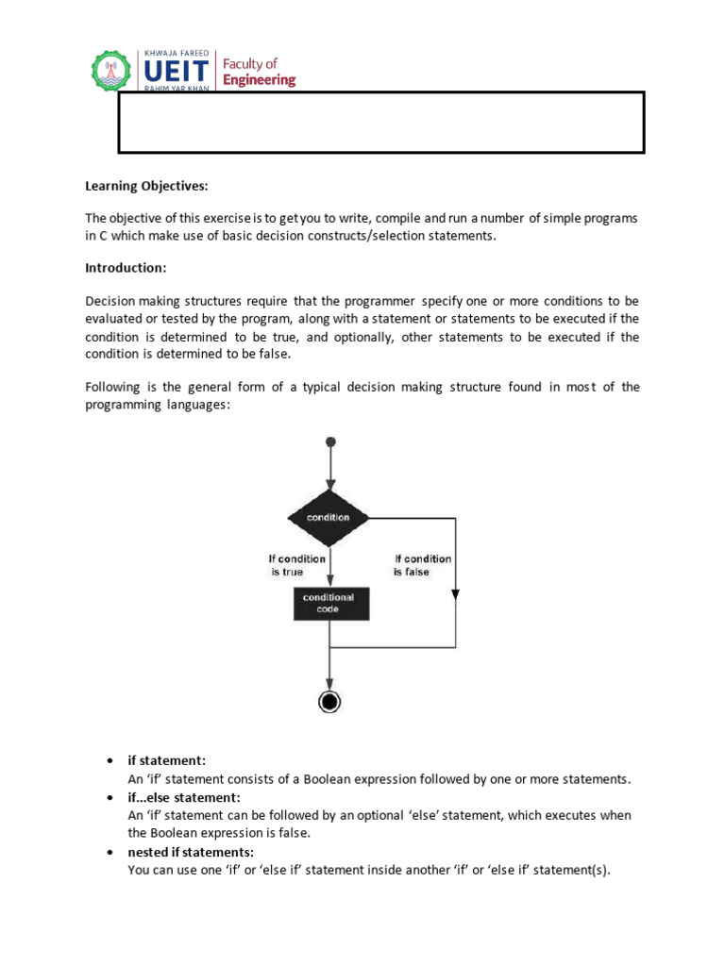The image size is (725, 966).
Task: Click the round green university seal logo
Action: pos(113,68)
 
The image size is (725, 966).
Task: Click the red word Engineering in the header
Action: pos(259,80)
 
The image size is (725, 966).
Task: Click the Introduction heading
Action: pos(126,268)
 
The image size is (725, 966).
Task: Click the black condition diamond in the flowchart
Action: pos(329,517)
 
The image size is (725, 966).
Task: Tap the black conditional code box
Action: pos(329,604)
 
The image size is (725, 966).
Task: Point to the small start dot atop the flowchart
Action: pos(329,441)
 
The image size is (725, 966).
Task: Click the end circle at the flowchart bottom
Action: pos(329,701)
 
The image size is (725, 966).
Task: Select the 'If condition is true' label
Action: pos(297,565)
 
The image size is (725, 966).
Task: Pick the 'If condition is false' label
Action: pos(423,565)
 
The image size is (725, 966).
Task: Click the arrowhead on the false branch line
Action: pos(455,594)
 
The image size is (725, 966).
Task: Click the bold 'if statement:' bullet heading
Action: pos(167,760)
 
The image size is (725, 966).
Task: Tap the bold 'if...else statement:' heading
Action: pos(185,797)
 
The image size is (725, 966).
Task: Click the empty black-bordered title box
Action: pos(380,123)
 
